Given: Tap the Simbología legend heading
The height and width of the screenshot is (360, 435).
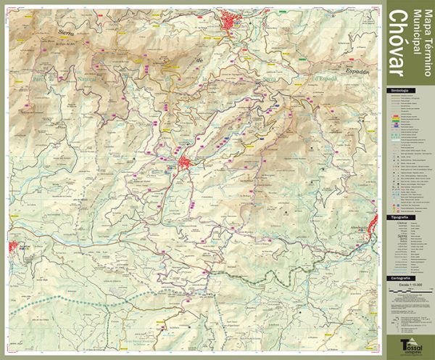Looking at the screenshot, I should tap(400, 89).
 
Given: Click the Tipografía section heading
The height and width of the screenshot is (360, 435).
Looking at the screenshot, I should tap(400, 218).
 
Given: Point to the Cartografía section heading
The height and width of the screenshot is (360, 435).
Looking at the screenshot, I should tap(400, 278).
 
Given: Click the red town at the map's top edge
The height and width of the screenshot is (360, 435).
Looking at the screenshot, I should tap(236, 21).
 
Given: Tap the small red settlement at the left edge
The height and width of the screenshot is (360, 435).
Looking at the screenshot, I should tap(13, 247).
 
